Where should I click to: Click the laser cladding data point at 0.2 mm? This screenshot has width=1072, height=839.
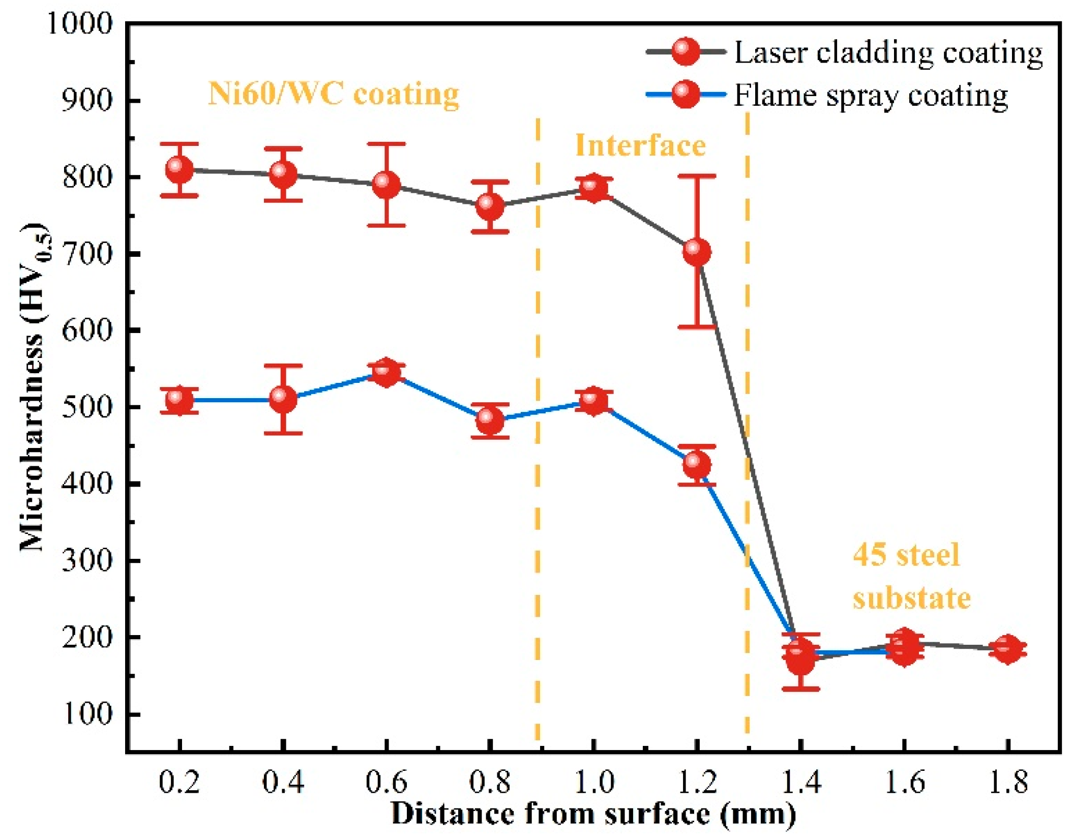(179, 169)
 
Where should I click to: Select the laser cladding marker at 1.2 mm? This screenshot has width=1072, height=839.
(697, 251)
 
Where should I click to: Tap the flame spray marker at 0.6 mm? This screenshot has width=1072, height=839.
(386, 372)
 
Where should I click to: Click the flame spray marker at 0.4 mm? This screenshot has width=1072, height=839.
(283, 399)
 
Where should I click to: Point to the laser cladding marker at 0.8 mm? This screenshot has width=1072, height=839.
(490, 206)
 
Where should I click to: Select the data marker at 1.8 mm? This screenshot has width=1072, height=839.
(1007, 649)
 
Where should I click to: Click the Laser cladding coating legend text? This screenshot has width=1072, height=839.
(888, 52)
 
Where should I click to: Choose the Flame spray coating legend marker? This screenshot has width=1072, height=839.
(685, 94)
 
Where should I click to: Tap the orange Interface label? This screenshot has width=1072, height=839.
(640, 146)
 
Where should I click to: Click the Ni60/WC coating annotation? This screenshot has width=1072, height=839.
(334, 94)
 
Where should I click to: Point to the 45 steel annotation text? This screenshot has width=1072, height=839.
(906, 555)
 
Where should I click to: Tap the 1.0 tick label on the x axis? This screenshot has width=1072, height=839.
(593, 782)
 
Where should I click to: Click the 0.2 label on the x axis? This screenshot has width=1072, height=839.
(179, 782)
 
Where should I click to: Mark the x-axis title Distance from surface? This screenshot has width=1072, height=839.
(593, 814)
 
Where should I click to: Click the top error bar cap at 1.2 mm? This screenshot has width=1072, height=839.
(697, 176)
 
